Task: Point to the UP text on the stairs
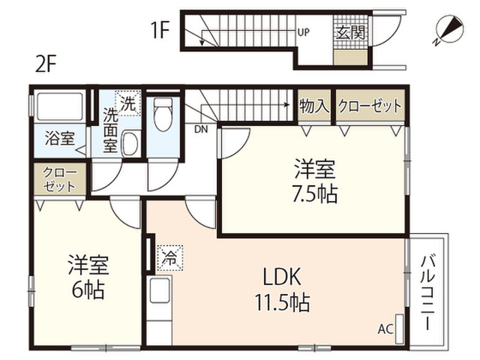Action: point(304,32)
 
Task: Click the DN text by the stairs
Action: point(201,129)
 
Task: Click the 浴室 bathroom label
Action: point(59,139)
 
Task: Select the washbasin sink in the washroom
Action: point(130,142)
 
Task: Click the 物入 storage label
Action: point(313,106)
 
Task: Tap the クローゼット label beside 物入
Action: point(369,106)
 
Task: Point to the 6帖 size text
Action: point(88,289)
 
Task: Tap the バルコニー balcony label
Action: point(427,293)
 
